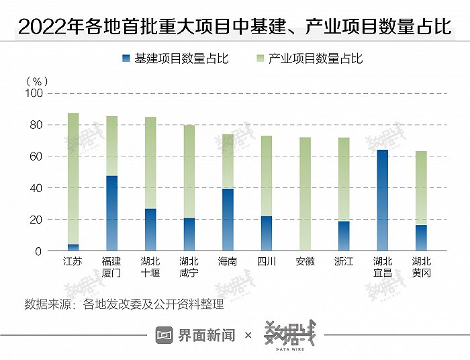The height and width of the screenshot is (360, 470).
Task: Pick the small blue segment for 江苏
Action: pos(73,247)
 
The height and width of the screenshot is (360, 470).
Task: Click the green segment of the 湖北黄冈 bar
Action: pos(421,188)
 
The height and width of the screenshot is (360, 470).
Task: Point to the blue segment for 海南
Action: pos(228,220)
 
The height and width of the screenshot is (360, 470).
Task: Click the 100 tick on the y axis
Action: pos(34,93)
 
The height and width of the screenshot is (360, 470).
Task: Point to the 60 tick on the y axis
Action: pos(36,156)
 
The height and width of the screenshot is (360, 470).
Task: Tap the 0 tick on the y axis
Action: pos(39,251)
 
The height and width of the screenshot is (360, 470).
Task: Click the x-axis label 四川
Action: pos(267,261)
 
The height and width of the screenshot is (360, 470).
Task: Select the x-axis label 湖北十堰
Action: pos(150,267)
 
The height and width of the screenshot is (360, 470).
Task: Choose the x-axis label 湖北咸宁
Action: pos(189,267)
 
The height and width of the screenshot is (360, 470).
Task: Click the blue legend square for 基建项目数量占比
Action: pos(126,58)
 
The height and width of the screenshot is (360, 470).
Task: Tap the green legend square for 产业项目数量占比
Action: pos(259,58)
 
